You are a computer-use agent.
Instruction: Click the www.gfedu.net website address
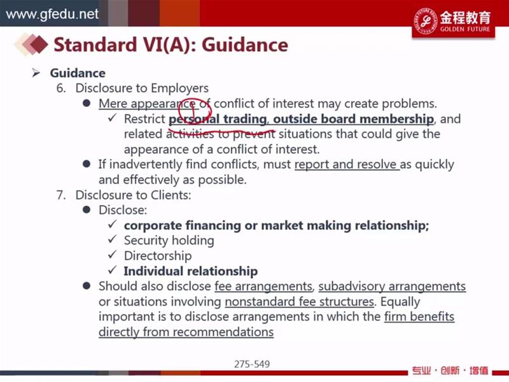coord(52,14)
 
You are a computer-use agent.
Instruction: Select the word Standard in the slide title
coord(95,45)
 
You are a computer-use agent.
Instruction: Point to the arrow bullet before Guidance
coord(36,73)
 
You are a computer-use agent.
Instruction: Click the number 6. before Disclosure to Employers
coord(61,88)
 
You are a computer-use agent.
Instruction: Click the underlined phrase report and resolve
coord(347,164)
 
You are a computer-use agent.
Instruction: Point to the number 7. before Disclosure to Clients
coord(61,195)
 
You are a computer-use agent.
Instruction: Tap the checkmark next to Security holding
coord(113,239)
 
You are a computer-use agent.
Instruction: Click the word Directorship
coord(158,256)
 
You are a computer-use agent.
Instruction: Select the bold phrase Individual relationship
coord(191,271)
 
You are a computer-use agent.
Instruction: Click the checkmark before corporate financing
coord(113,224)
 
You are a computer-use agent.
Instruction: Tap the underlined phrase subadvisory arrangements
coord(392,286)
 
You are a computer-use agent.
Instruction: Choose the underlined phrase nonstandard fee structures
coord(299,302)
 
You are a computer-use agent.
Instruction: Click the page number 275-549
coord(252,364)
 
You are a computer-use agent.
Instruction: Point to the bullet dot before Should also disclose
coord(87,285)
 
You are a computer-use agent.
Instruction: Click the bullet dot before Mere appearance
coord(87,103)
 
